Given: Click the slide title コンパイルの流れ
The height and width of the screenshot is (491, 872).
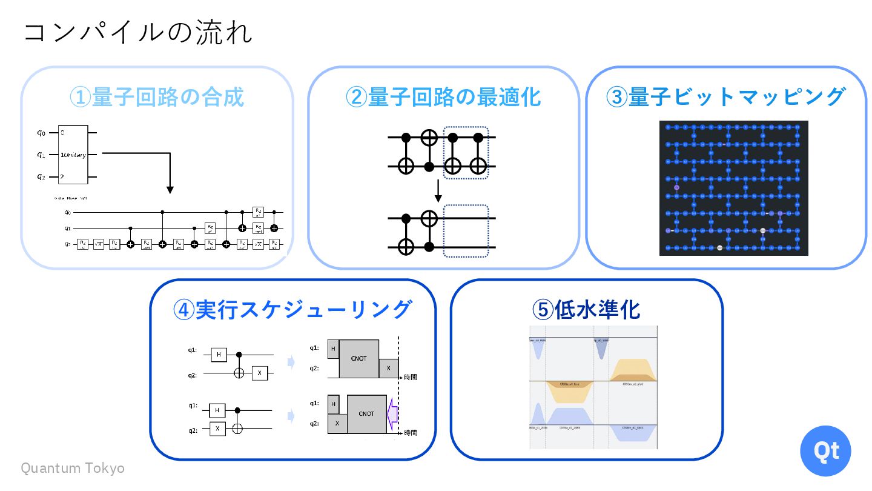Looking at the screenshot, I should tap(138, 33).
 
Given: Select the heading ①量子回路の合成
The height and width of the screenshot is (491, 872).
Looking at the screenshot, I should tap(157, 97).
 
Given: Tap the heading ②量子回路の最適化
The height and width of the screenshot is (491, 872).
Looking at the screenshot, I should tap(443, 97).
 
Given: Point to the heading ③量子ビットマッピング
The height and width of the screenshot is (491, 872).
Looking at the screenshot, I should tap(725, 97).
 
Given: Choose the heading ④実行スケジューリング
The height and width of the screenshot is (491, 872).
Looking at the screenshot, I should tap(292, 310).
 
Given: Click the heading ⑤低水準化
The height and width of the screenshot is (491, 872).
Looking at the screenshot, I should tap(586, 310).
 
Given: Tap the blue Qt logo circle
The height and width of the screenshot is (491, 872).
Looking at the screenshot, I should tap(825, 450).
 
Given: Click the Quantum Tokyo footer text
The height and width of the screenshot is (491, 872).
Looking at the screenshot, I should tap(73, 468).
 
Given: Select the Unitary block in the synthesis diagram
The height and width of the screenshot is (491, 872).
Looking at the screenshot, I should tap(73, 155).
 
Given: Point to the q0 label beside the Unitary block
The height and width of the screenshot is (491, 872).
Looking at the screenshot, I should tap(41, 132).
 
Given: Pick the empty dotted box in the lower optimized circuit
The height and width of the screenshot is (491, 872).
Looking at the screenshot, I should tap(466, 231).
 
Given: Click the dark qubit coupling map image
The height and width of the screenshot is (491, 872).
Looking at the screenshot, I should tap(733, 188).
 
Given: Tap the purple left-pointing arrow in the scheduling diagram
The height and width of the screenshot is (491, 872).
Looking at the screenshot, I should tap(392, 413).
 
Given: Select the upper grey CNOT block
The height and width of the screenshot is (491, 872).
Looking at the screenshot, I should tap(359, 358).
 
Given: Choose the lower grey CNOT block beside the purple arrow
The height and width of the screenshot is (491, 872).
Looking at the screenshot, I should tap(366, 413).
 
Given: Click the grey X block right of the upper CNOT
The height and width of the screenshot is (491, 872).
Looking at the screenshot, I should tap(389, 368).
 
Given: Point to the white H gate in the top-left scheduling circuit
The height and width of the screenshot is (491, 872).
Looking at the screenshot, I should tap(219, 354).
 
